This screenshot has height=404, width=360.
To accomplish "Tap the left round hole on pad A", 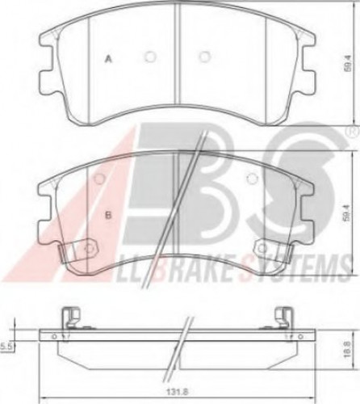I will [149, 57].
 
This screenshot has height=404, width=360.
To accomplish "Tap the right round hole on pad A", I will [204, 57].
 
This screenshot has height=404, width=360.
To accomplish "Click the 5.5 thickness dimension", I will [6, 346].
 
